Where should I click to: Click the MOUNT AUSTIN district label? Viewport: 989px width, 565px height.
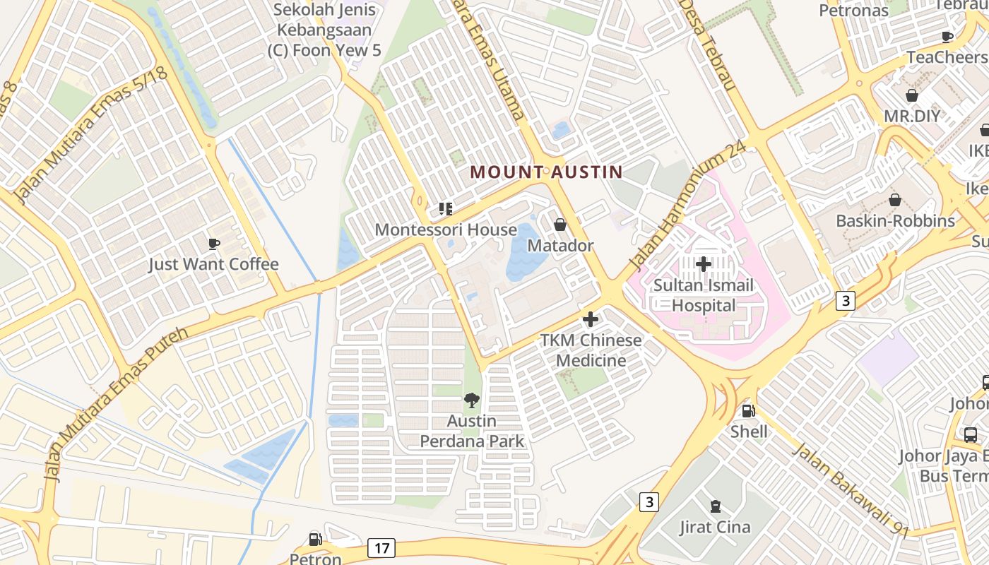pyautogui.click(x=546, y=172)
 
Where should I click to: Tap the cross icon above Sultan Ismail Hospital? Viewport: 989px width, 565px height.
pyautogui.click(x=704, y=264)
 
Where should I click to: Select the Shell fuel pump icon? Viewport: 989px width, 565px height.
pyautogui.click(x=748, y=410)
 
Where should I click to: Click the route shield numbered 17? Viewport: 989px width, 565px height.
pyautogui.click(x=381, y=547)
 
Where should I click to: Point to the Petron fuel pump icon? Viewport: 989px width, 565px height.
pyautogui.click(x=316, y=540)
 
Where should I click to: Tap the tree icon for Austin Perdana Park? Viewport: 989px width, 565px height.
pyautogui.click(x=471, y=401)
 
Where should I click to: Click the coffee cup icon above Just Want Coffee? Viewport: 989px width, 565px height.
pyautogui.click(x=214, y=244)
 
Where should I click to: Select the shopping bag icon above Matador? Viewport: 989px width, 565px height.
pyautogui.click(x=560, y=225)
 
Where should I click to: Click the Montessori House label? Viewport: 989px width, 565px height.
pyautogui.click(x=446, y=230)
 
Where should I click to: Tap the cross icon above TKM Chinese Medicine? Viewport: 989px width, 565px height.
pyautogui.click(x=591, y=319)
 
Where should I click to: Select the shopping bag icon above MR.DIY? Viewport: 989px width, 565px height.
pyautogui.click(x=912, y=95)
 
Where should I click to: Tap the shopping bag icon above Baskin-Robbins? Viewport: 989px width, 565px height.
pyautogui.click(x=895, y=200)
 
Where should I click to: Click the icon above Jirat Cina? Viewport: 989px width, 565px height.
pyautogui.click(x=715, y=506)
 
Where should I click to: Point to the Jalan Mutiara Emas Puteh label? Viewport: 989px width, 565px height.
pyautogui.click(x=116, y=403)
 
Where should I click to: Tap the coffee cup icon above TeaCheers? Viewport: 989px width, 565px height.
pyautogui.click(x=947, y=37)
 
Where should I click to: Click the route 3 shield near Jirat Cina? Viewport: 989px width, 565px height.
pyautogui.click(x=649, y=502)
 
